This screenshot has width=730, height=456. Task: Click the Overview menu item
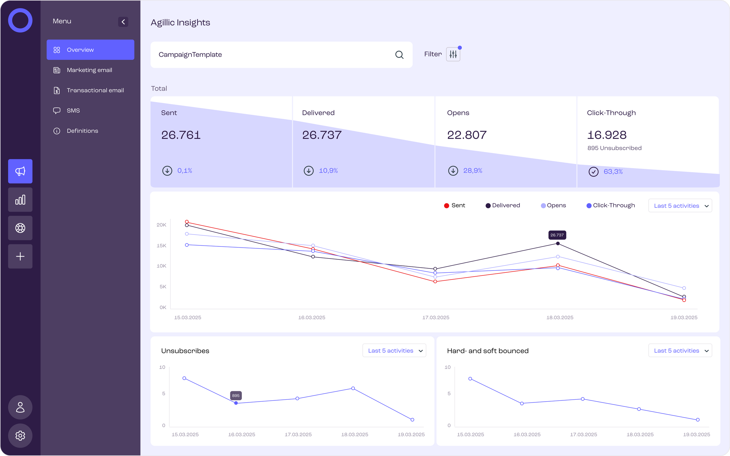click(90, 50)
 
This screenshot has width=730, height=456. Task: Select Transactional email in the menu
click(95, 90)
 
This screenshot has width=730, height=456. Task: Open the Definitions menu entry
click(82, 131)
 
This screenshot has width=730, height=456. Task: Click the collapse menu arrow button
click(123, 22)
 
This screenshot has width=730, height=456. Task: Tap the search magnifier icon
click(399, 55)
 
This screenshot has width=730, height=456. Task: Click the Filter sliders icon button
click(453, 54)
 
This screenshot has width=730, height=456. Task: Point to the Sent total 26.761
click(181, 135)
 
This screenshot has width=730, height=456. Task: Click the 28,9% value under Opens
click(472, 171)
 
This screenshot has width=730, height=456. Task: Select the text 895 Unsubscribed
click(614, 148)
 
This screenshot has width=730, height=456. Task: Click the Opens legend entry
click(553, 205)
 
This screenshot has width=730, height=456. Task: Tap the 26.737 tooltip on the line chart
click(557, 235)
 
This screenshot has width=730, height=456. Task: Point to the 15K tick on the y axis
click(161, 245)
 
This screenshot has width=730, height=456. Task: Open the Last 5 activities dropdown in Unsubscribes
click(394, 350)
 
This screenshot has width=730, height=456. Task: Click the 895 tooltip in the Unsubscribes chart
click(236, 395)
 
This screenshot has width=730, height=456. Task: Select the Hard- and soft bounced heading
click(488, 351)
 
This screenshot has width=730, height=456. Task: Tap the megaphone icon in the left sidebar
click(20, 171)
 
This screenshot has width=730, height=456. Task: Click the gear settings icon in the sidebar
click(20, 436)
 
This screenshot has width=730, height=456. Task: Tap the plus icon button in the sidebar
click(20, 256)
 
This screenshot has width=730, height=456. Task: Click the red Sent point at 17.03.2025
click(435, 281)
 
